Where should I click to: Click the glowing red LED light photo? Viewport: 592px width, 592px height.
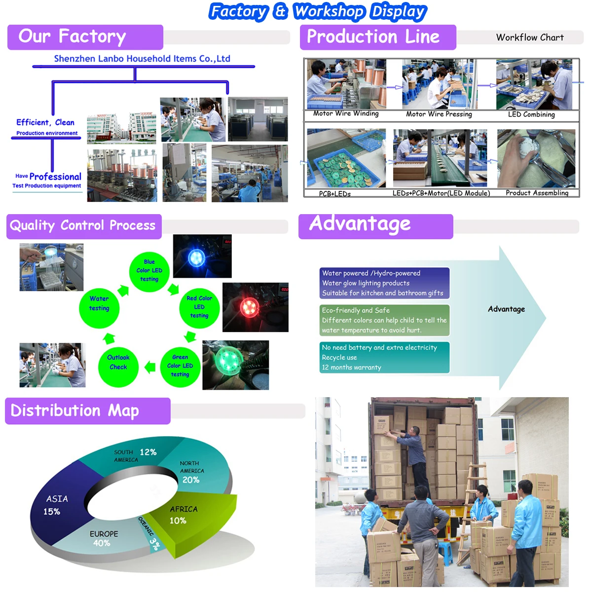(255, 307)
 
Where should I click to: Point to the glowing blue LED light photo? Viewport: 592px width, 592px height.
(202, 256)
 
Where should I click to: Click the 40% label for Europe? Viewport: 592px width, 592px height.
(102, 543)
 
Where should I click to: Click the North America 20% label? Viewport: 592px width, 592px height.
(191, 480)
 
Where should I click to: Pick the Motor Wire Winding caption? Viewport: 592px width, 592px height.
(346, 114)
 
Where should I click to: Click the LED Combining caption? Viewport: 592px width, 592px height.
(531, 114)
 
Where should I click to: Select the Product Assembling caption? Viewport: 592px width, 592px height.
(537, 193)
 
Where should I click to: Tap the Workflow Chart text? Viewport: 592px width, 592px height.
(530, 37)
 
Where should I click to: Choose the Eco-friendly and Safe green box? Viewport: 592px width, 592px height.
(384, 320)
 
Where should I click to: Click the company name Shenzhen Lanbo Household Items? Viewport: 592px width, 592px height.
(142, 59)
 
